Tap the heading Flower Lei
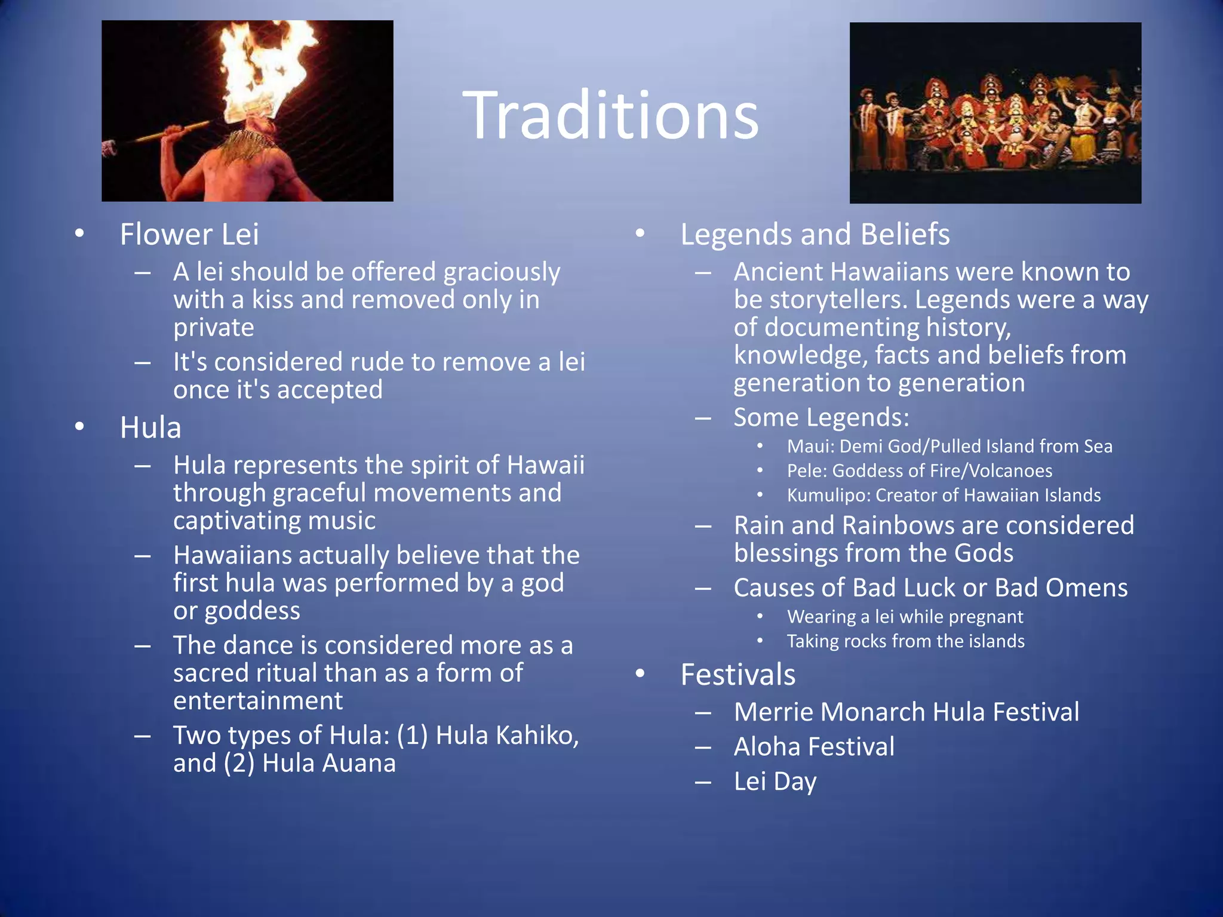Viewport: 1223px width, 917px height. click(189, 234)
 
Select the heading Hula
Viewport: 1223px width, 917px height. click(150, 427)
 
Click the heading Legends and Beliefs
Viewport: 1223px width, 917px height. click(815, 234)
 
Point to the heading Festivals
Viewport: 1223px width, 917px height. click(738, 675)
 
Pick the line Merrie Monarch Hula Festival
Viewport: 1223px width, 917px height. click(907, 712)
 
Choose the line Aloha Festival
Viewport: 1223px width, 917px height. click(814, 747)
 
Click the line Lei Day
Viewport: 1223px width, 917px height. click(775, 781)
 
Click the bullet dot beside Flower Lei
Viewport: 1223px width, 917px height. click(79, 234)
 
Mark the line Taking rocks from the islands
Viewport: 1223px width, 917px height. click(905, 641)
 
